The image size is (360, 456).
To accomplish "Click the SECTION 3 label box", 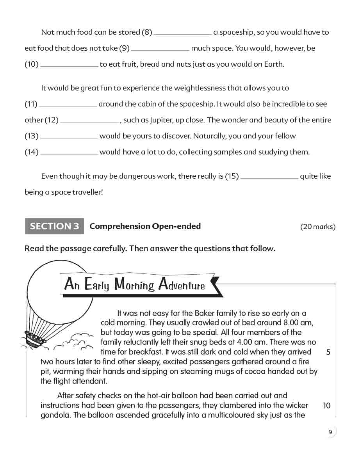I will (x=54, y=226).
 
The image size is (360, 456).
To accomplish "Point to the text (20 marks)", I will (x=317, y=227).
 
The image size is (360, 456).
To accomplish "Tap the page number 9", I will (x=330, y=432).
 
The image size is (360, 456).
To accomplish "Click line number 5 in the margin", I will (x=328, y=352).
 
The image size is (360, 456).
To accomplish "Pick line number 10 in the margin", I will (x=327, y=406).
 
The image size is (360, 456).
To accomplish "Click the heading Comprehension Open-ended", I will (x=145, y=226).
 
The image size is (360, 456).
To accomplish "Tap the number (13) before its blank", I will (x=32, y=136).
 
